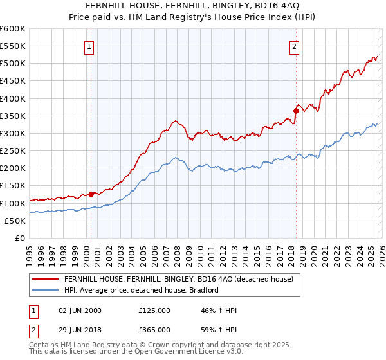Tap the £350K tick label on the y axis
(x=13, y=116)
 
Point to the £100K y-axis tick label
(x=13, y=203)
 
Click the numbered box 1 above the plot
(x=89, y=46)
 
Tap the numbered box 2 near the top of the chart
(x=294, y=46)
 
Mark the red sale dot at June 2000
(x=91, y=194)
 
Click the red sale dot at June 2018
(x=296, y=111)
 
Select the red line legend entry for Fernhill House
(x=178, y=279)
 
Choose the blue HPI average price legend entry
(x=142, y=290)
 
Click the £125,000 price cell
(x=154, y=310)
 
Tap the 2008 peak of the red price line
(x=174, y=120)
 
